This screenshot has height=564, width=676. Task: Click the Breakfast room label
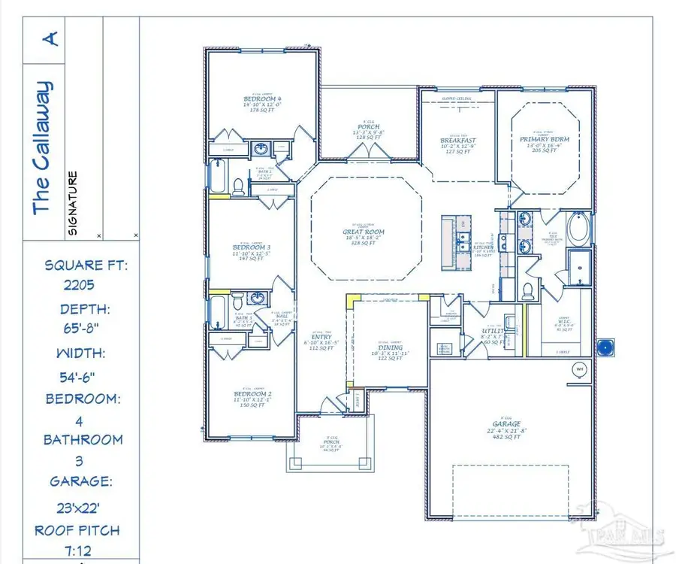458,141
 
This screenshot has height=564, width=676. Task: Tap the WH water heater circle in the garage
579,369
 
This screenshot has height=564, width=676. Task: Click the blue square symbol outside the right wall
605,347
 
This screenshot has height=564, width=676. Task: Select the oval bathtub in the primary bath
579,229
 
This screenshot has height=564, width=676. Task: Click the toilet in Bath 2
238,186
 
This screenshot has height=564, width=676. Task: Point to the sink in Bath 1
258,299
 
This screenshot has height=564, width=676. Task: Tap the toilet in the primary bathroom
527,289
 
